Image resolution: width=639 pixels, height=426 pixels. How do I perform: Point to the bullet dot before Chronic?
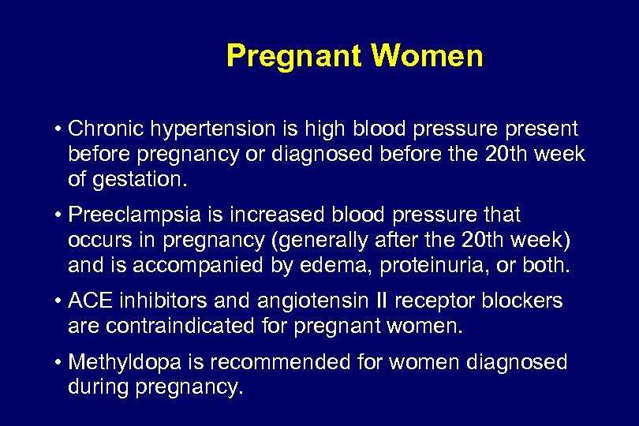click(x=59, y=129)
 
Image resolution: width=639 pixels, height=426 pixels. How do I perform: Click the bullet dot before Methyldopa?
click(x=59, y=362)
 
